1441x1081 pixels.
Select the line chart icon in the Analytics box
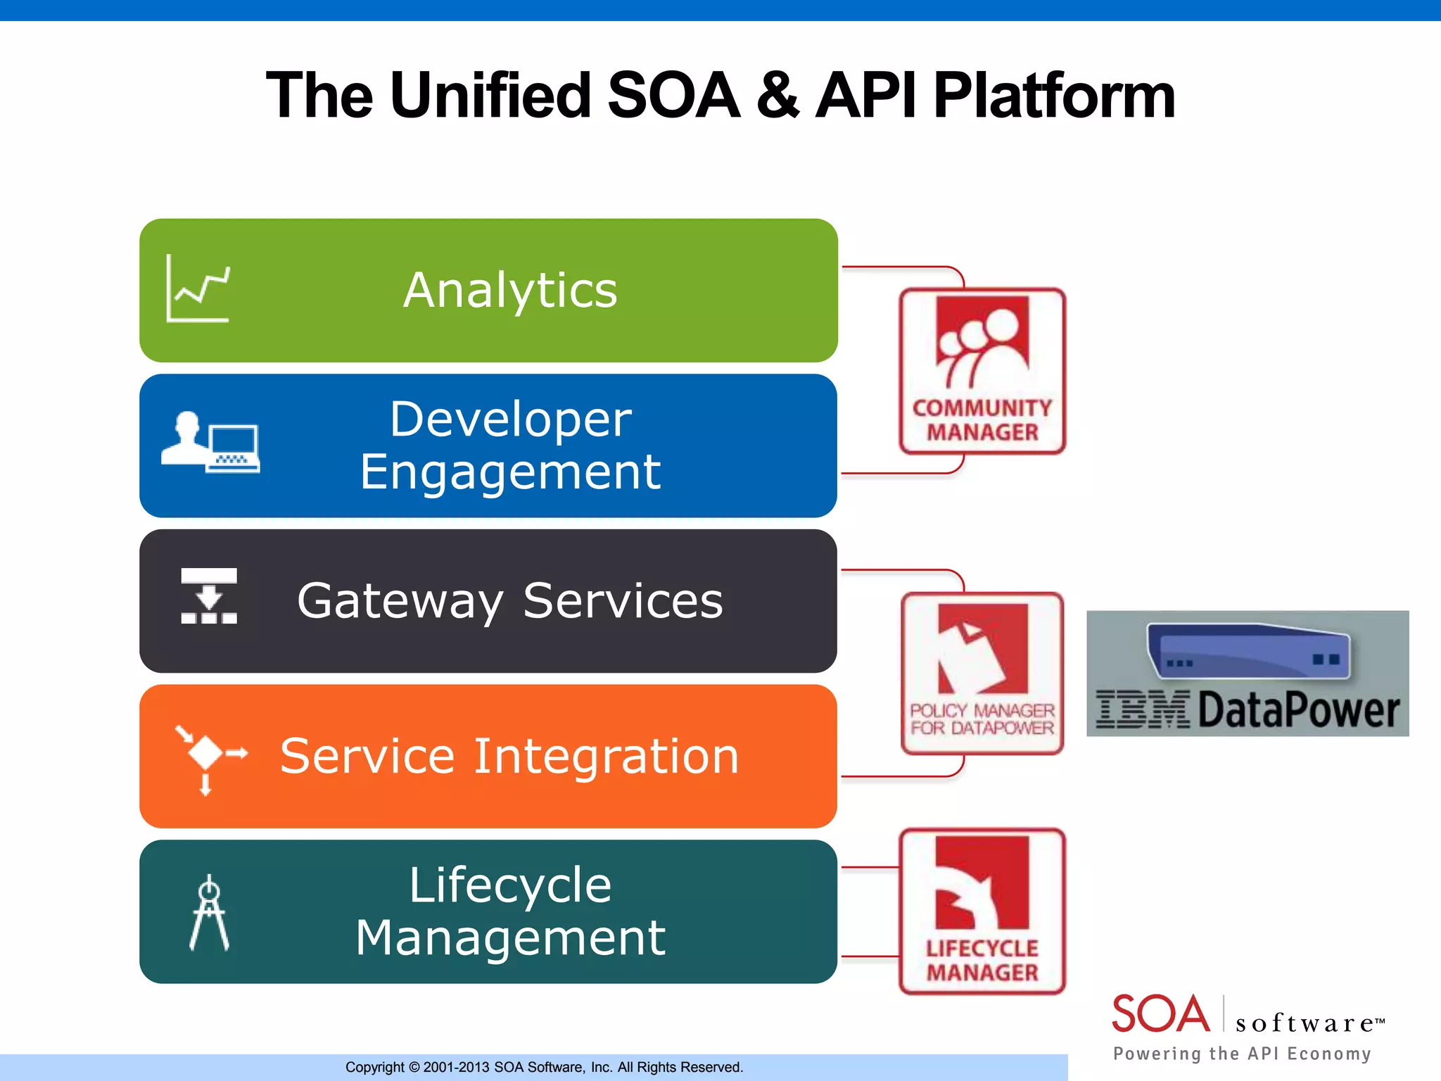[198, 289]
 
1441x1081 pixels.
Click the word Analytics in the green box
[510, 290]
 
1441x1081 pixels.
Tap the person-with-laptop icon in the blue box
[210, 442]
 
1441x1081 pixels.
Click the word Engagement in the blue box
[510, 472]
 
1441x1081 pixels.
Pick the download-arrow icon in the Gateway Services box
[209, 596]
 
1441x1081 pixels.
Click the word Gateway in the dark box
[400, 601]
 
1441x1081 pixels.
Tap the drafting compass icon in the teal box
[209, 912]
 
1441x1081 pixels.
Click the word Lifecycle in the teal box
[510, 885]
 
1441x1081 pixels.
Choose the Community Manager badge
[982, 371]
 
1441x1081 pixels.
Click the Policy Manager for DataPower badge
[982, 674]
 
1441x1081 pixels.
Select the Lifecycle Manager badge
[982, 911]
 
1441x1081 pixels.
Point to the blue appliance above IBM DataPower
[1249, 651]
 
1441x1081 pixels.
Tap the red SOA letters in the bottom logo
[1160, 1014]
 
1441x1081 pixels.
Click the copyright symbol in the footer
[414, 1067]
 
